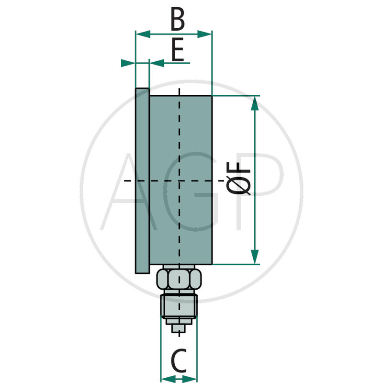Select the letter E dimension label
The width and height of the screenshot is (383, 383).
[178, 51]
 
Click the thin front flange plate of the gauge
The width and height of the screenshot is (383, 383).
[142, 180]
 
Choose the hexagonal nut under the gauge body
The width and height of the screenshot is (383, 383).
[179, 279]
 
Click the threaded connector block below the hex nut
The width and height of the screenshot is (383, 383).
[179, 306]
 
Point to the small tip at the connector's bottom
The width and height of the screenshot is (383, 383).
[179, 328]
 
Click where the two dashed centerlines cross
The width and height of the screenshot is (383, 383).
[180, 180]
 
